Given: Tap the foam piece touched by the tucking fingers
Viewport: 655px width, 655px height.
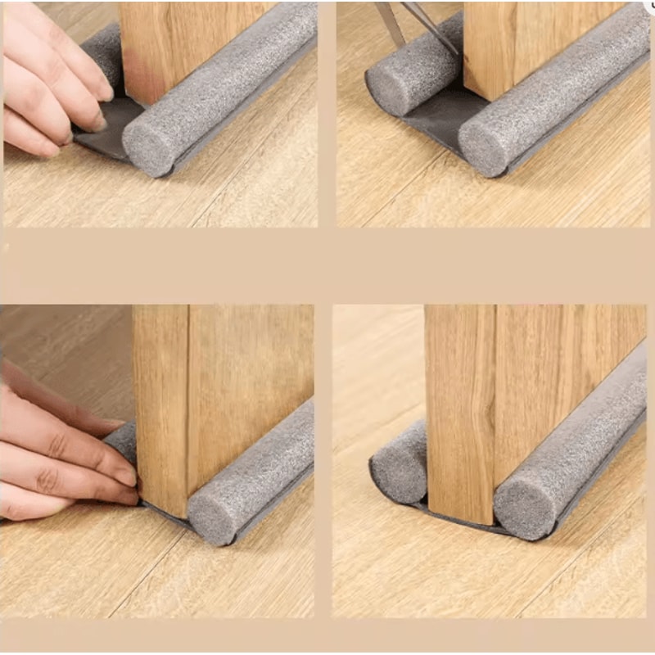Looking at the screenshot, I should click(x=123, y=438).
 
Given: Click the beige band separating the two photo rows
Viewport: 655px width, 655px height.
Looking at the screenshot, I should click(x=327, y=266).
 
